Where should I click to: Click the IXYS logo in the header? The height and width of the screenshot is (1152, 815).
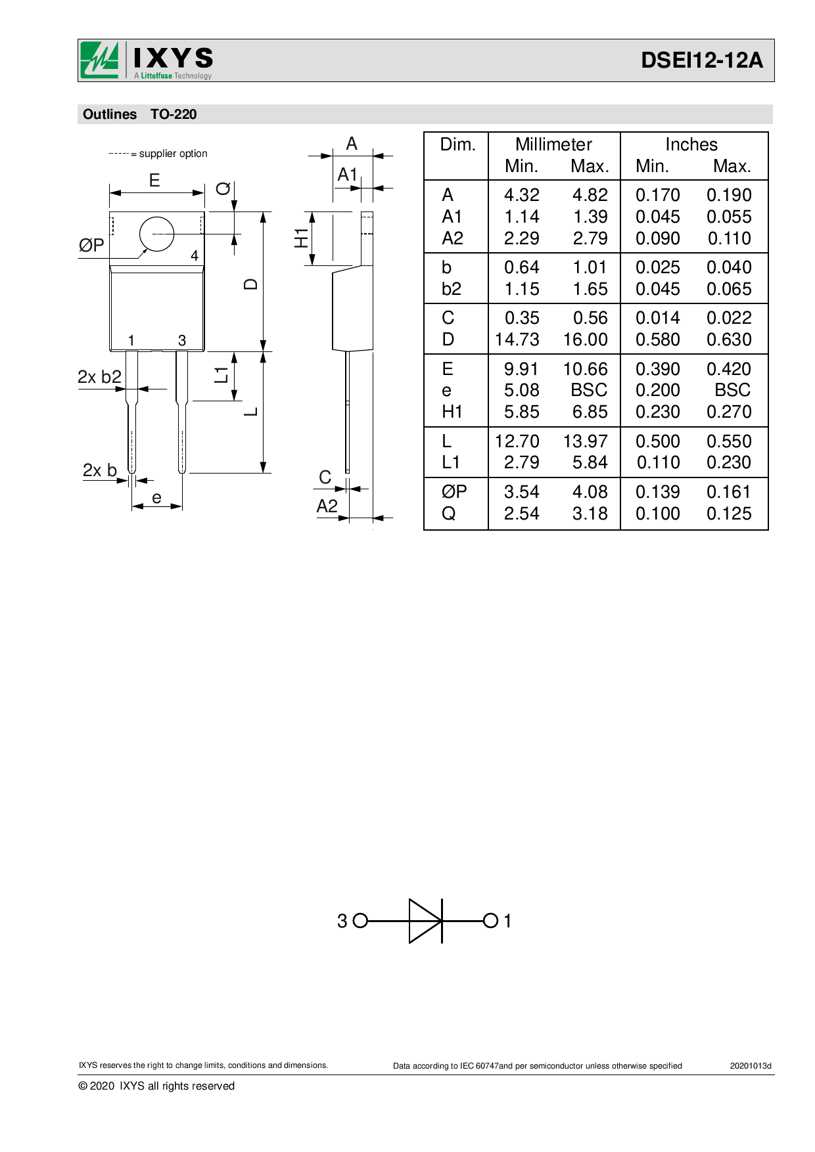click(x=147, y=60)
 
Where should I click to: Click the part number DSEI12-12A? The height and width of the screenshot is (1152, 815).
click(x=701, y=60)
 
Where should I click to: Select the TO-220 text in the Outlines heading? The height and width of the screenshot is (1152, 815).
click(x=174, y=114)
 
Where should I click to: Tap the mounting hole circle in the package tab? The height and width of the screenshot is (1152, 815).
click(x=157, y=234)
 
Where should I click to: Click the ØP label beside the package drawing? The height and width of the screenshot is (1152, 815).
click(x=91, y=246)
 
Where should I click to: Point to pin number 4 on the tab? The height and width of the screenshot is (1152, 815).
click(x=195, y=255)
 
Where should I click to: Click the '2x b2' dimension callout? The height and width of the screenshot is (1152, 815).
click(x=99, y=377)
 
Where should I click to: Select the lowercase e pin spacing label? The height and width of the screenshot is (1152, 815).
click(x=156, y=498)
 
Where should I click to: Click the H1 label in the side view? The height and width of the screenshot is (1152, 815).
click(x=301, y=238)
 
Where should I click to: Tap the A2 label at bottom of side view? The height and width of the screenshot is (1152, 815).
click(x=327, y=506)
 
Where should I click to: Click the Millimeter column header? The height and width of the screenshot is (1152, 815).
click(x=553, y=144)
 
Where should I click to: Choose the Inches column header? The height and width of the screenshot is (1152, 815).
click(x=691, y=144)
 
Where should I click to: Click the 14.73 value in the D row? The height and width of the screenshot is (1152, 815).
click(x=517, y=340)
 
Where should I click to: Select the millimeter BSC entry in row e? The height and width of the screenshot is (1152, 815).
click(x=589, y=390)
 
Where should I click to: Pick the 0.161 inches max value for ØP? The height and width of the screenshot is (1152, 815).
click(x=729, y=492)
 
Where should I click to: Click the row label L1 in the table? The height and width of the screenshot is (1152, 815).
click(x=451, y=462)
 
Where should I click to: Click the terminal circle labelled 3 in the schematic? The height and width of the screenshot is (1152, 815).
click(x=360, y=921)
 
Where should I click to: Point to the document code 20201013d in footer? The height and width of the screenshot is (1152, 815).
click(x=750, y=1066)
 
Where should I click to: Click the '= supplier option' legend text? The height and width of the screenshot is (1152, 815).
click(x=169, y=154)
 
